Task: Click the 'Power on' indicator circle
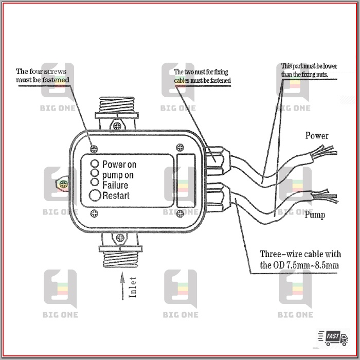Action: click(95, 164)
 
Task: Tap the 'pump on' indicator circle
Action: click(95, 173)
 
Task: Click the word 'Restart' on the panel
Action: click(116, 195)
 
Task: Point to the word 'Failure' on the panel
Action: click(115, 185)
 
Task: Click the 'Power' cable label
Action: click(317, 136)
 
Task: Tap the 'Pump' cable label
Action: click(314, 214)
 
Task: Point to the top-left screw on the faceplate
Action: click(94, 148)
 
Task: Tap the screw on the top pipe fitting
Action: click(118, 123)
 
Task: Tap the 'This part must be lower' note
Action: click(307, 70)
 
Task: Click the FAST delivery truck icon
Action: click(333, 337)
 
